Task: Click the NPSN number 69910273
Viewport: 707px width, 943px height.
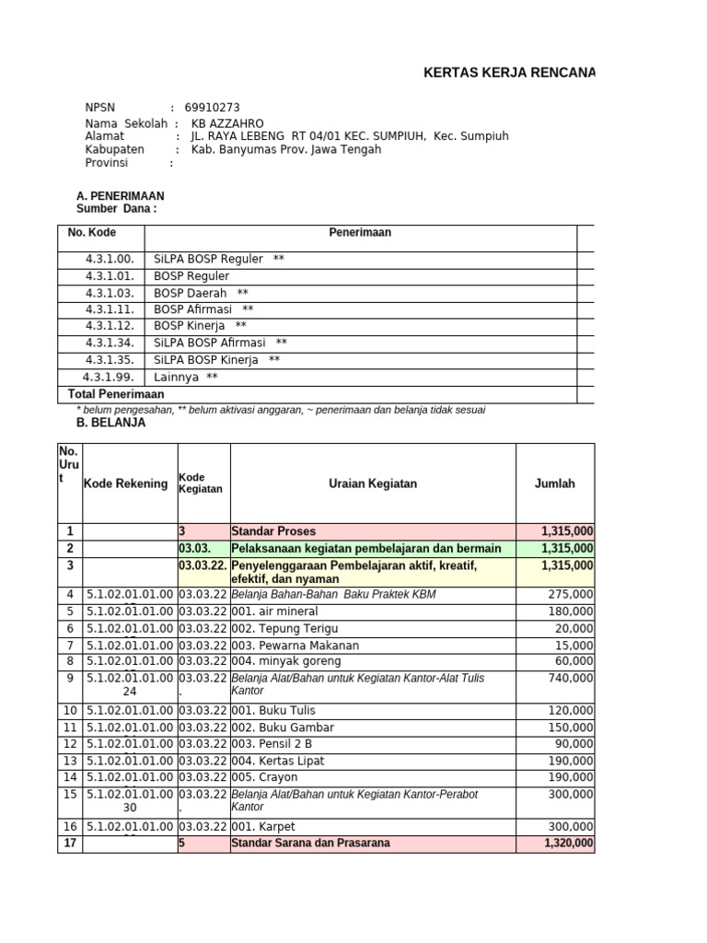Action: [213, 107]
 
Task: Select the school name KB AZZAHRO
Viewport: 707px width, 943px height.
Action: [226, 123]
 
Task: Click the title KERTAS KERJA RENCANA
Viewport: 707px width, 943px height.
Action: [508, 73]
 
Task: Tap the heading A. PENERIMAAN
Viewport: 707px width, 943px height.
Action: [121, 196]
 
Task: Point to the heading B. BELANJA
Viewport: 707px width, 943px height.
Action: [110, 424]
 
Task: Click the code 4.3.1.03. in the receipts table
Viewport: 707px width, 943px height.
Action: [110, 293]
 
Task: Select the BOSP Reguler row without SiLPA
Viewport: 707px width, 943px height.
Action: [191, 276]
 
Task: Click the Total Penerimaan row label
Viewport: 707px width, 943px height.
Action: [116, 394]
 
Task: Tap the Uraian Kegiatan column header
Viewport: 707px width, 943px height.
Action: [373, 483]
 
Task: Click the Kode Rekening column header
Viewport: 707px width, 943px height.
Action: [126, 483]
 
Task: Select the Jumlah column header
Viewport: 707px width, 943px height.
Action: [554, 483]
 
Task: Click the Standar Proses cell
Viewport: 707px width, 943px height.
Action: [273, 531]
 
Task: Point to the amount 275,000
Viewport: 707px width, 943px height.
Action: [571, 595]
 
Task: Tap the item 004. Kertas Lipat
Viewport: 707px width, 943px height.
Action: [278, 761]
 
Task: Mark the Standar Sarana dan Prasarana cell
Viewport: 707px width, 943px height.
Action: [310, 843]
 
